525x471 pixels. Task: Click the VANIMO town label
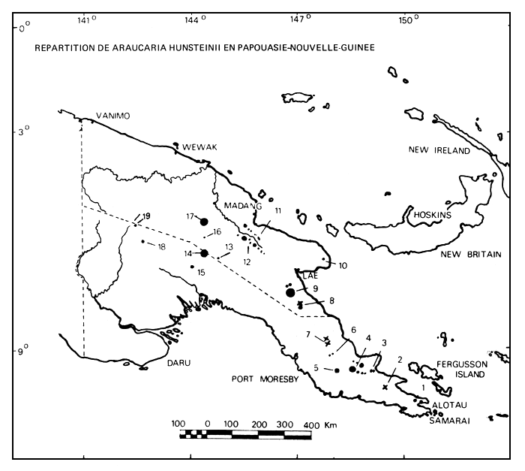coord(113,116)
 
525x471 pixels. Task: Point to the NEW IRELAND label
coord(439,151)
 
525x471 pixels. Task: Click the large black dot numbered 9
coord(291,292)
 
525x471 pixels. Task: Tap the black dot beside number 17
coord(204,221)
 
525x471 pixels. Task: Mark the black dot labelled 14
coord(204,253)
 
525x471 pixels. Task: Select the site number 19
coord(146,215)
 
